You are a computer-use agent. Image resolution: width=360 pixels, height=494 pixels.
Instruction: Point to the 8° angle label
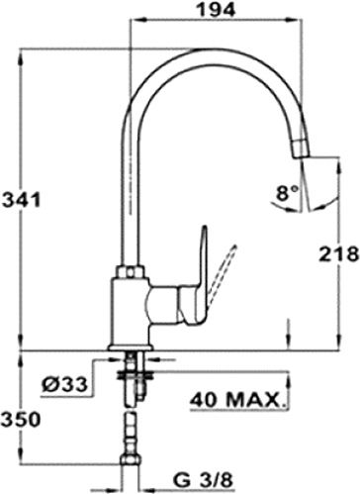tap(287, 196)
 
